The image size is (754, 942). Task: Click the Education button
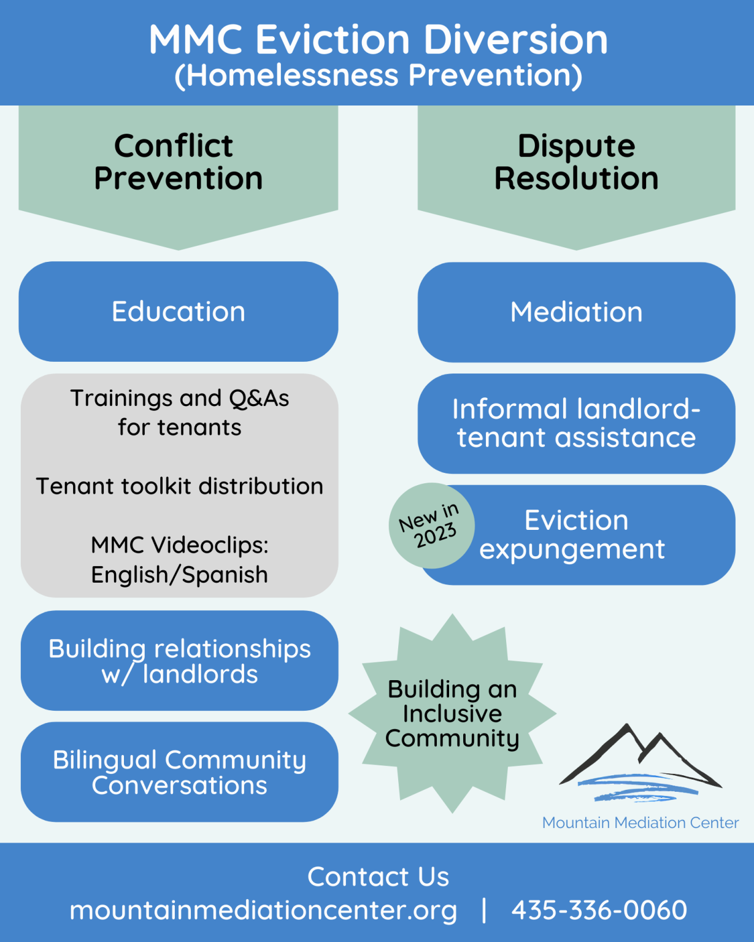pyautogui.click(x=178, y=312)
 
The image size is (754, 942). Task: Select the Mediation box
pyautogui.click(x=576, y=312)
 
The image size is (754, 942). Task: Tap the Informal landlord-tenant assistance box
pyautogui.click(x=576, y=423)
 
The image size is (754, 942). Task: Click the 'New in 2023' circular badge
pyautogui.click(x=431, y=526)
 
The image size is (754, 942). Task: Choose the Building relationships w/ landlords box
pyautogui.click(x=179, y=661)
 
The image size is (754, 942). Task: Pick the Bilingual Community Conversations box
pyautogui.click(x=179, y=772)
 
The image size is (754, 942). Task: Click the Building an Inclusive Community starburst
pyautogui.click(x=452, y=713)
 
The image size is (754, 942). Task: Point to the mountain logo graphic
pyautogui.click(x=640, y=763)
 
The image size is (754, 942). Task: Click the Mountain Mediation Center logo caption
pyautogui.click(x=640, y=822)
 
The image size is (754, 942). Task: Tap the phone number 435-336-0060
pyautogui.click(x=599, y=910)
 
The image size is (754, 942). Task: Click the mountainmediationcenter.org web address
pyautogui.click(x=263, y=910)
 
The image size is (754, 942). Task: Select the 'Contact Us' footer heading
pyautogui.click(x=378, y=876)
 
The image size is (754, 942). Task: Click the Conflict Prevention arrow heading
pyautogui.click(x=178, y=163)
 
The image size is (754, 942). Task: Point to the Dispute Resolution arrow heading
pyautogui.click(x=576, y=163)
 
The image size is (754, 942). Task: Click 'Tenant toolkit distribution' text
pyautogui.click(x=179, y=486)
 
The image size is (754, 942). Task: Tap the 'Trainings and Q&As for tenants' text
pyautogui.click(x=179, y=412)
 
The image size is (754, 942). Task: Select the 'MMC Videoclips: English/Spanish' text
pyautogui.click(x=179, y=559)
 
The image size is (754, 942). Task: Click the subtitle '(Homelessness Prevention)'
pyautogui.click(x=378, y=75)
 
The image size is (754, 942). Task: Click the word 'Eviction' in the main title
pyautogui.click(x=333, y=40)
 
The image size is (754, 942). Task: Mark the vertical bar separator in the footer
pyautogui.click(x=484, y=910)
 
